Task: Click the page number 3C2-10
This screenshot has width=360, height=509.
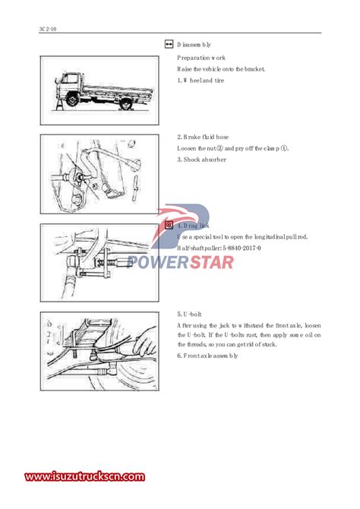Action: pyautogui.click(x=48, y=29)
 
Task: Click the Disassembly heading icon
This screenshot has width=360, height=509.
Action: pyautogui.click(x=169, y=44)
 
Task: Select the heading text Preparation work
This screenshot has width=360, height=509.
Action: pyautogui.click(x=201, y=58)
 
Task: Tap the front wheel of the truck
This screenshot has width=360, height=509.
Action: pyautogui.click(x=73, y=98)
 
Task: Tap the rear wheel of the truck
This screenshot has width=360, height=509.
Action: pyautogui.click(x=125, y=103)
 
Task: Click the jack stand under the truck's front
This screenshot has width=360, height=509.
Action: pyautogui.click(x=60, y=103)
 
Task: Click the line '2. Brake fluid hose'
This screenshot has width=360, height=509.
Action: pyautogui.click(x=203, y=137)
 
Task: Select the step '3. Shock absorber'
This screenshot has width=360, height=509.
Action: pyautogui.click(x=201, y=160)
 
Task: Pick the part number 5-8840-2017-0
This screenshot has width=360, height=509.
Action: pyautogui.click(x=242, y=248)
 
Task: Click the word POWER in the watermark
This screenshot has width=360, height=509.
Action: pyautogui.click(x=159, y=262)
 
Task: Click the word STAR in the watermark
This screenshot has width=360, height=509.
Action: pyautogui.click(x=212, y=262)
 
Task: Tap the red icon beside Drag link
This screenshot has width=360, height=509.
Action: pyautogui.click(x=169, y=225)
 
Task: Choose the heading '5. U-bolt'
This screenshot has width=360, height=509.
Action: pyautogui.click(x=189, y=315)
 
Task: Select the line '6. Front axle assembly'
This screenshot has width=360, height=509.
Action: pyautogui.click(x=207, y=356)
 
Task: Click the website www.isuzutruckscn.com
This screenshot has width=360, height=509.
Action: pyautogui.click(x=85, y=476)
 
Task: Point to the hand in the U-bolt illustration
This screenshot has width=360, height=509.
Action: pyautogui.click(x=145, y=341)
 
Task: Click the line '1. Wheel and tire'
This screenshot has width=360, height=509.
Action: pyautogui.click(x=201, y=81)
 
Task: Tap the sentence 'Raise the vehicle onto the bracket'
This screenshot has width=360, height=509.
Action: pyautogui.click(x=221, y=69)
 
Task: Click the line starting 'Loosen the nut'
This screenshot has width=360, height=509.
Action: pyautogui.click(x=232, y=148)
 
